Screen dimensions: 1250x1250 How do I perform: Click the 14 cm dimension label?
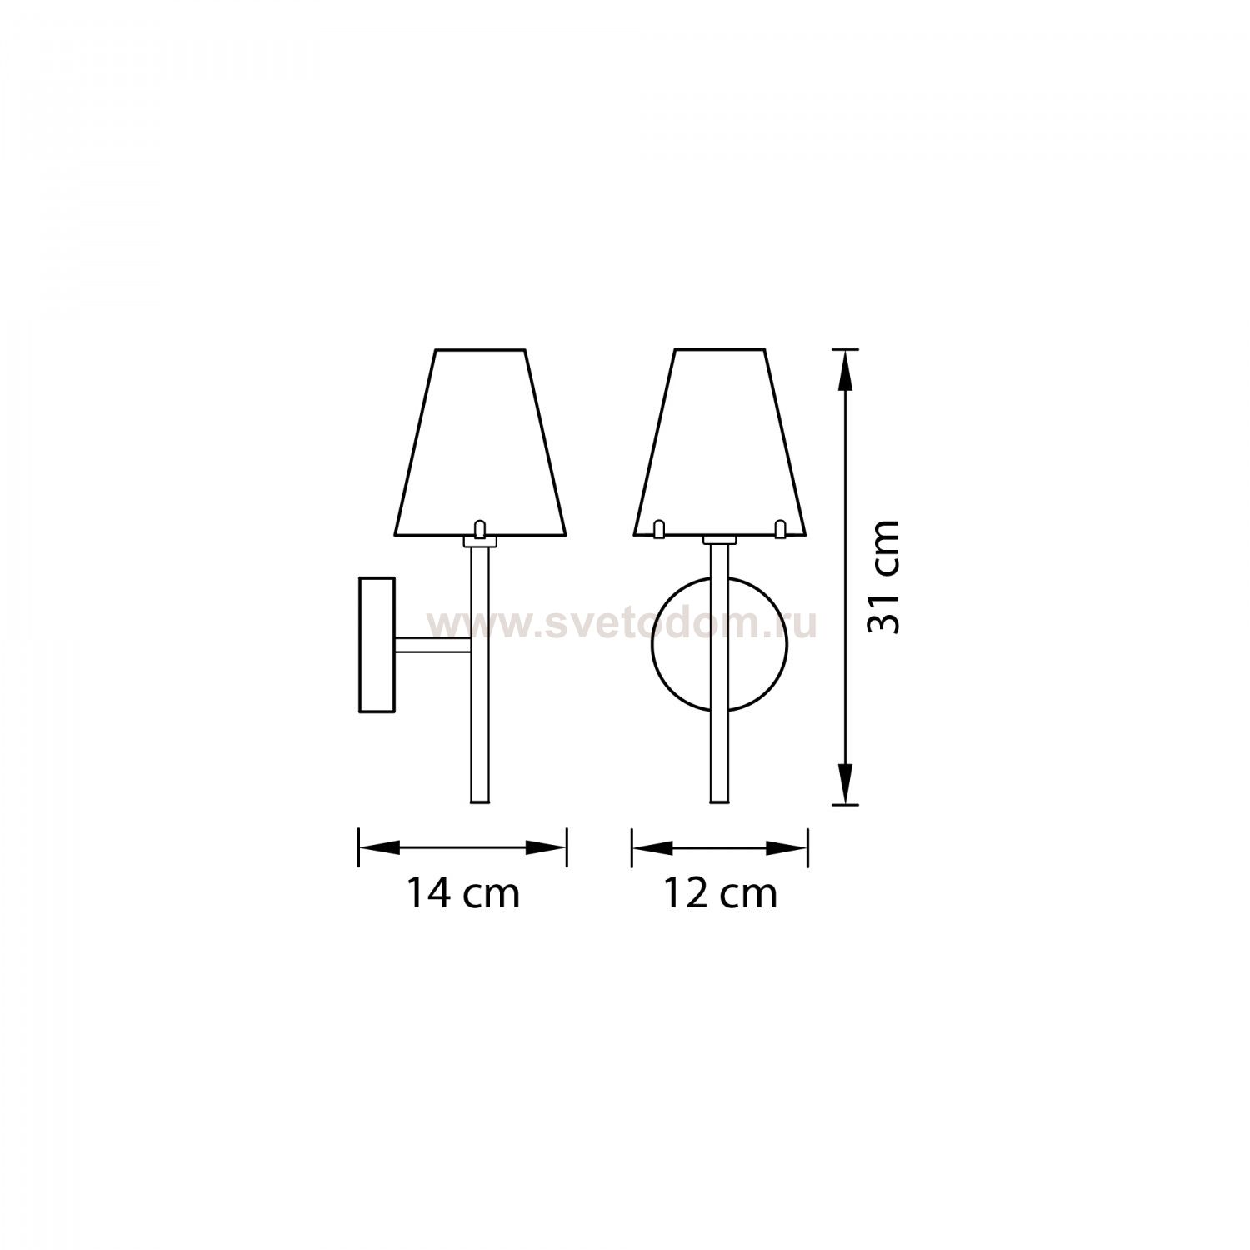click(x=463, y=894)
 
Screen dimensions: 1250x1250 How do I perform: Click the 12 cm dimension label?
click(x=720, y=894)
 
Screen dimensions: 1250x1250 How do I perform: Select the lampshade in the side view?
click(x=481, y=442)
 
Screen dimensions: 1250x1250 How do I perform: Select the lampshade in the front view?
click(x=720, y=442)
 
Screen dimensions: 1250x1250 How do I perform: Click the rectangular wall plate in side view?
click(x=377, y=644)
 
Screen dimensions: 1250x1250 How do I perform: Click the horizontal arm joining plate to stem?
click(x=433, y=644)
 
